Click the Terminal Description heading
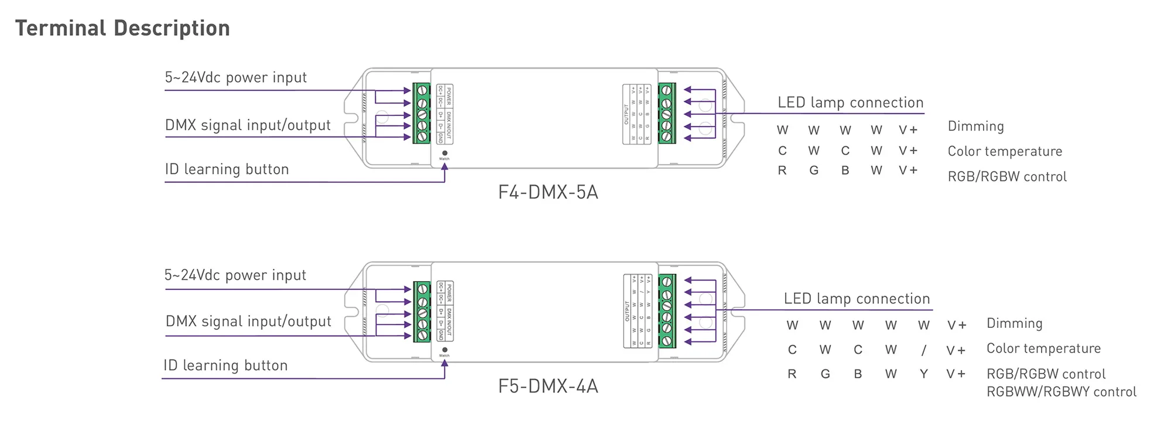pyautogui.click(x=122, y=28)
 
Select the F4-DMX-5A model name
pyautogui.click(x=548, y=193)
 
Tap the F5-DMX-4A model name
pyautogui.click(x=548, y=386)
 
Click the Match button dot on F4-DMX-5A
pyautogui.click(x=444, y=153)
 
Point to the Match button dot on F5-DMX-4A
pyautogui.click(x=444, y=350)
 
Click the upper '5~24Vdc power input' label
pyautogui.click(x=236, y=77)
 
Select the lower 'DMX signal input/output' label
pyautogui.click(x=248, y=321)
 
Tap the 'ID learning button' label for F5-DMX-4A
pyautogui.click(x=225, y=365)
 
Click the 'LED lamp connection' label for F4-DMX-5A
pyautogui.click(x=850, y=102)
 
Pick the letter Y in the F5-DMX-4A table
pyautogui.click(x=923, y=374)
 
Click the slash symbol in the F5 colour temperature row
pyautogui.click(x=923, y=350)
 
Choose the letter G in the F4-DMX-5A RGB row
pyautogui.click(x=814, y=171)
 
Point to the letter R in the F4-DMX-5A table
pyautogui.click(x=782, y=171)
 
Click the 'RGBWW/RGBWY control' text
pyautogui.click(x=1061, y=392)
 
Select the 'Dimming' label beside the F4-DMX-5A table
pyautogui.click(x=975, y=126)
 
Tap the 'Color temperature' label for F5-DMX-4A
pyautogui.click(x=1043, y=349)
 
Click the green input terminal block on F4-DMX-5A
pyautogui.click(x=422, y=114)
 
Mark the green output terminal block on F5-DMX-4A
pyautogui.click(x=667, y=311)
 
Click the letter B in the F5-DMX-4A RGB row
pyautogui.click(x=858, y=374)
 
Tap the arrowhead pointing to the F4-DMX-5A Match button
pyautogui.click(x=444, y=166)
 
